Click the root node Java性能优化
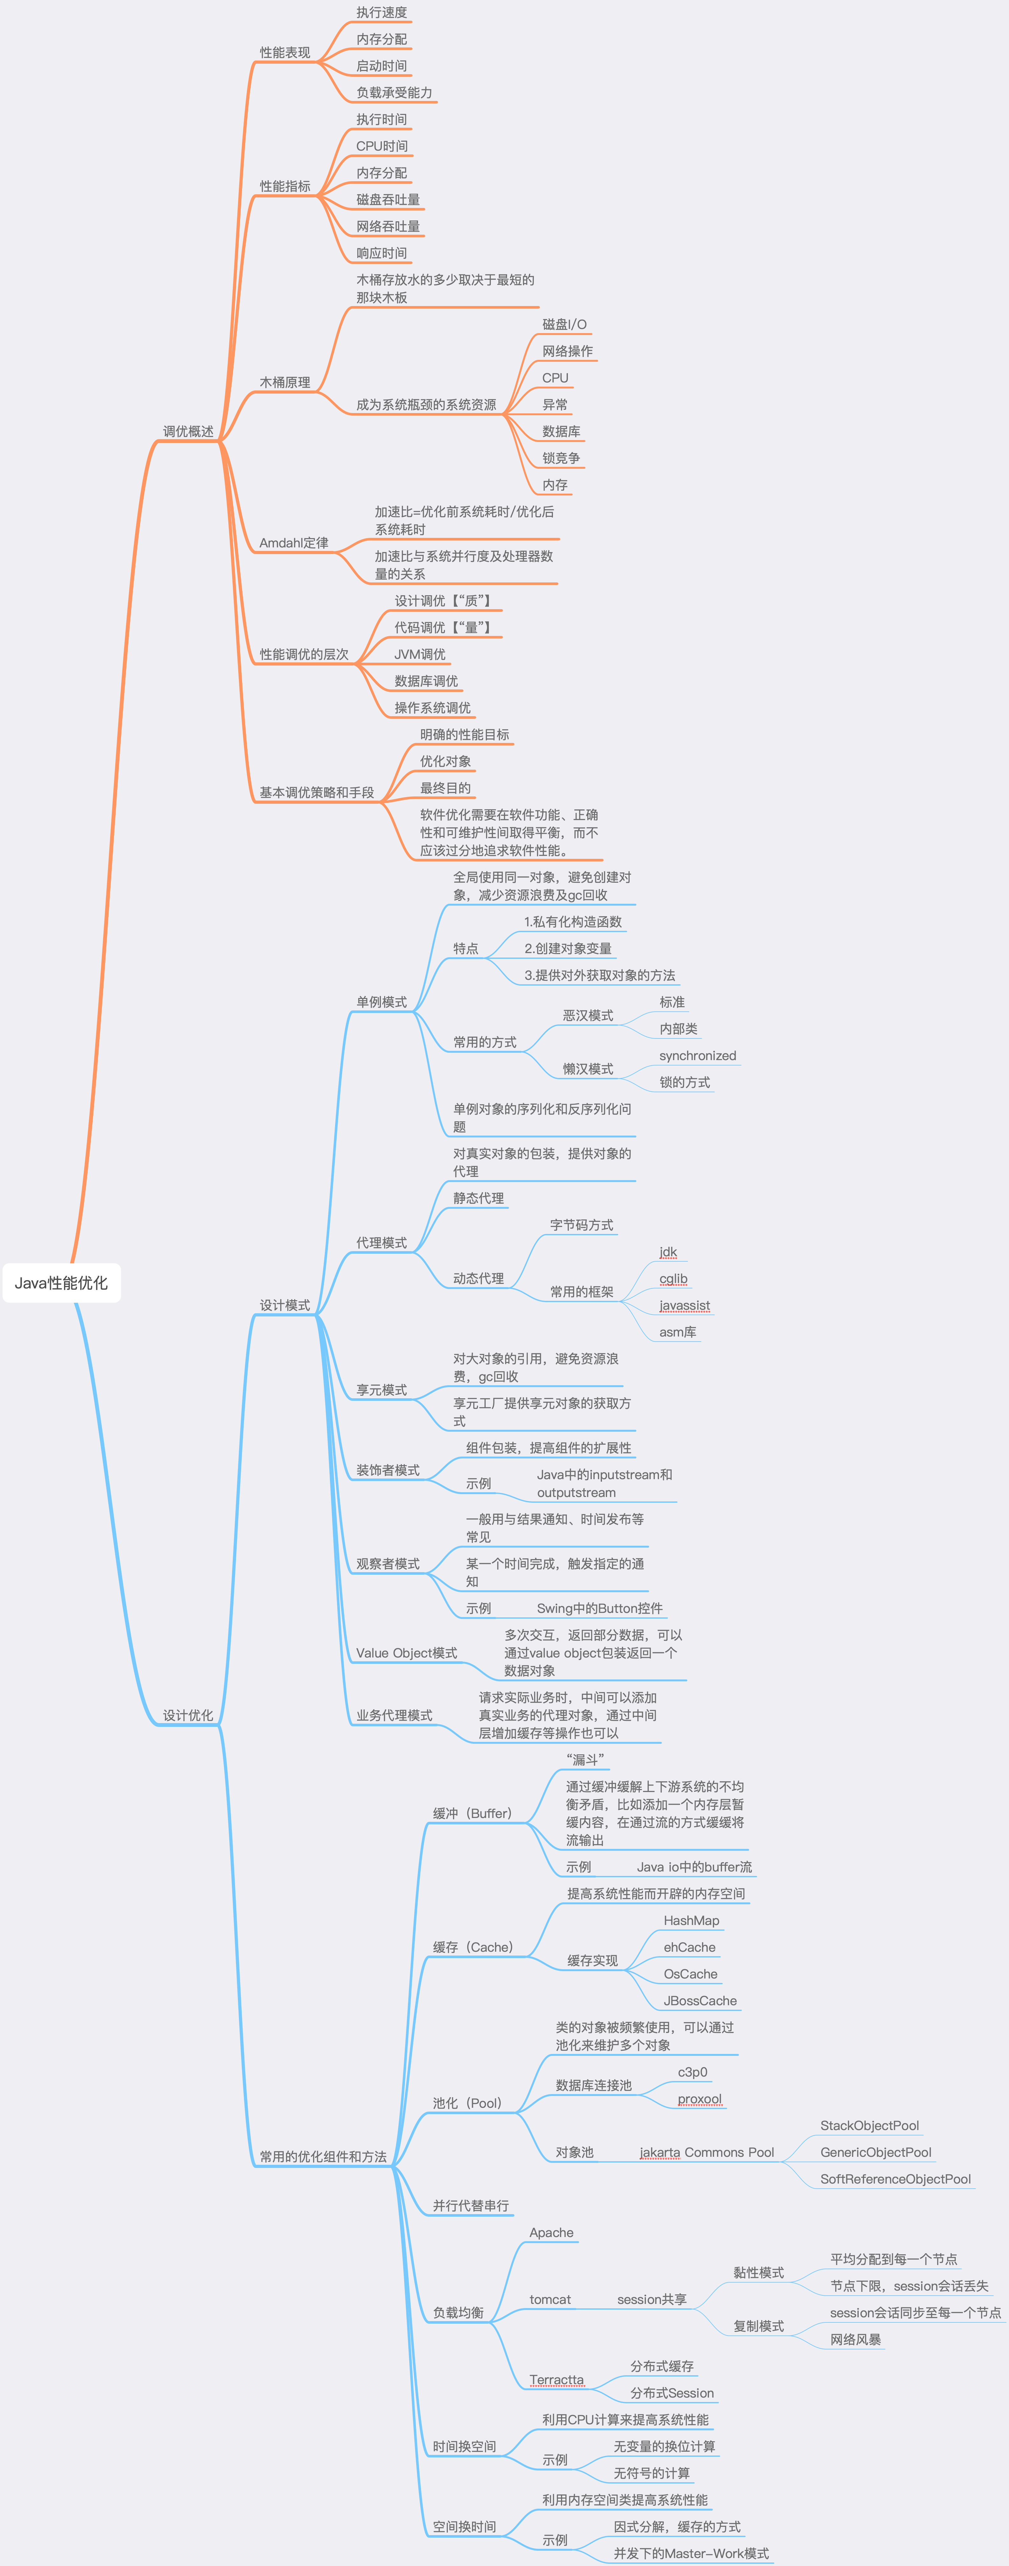tap(61, 1283)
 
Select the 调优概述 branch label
tap(188, 431)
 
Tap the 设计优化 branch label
tap(188, 1715)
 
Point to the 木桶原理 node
tap(285, 382)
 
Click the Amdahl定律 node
tap(294, 543)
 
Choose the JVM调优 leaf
tap(419, 654)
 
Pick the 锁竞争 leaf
tap(561, 458)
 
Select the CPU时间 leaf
tap(382, 146)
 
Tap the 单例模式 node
tap(382, 1002)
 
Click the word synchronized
tap(697, 1056)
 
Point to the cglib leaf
tap(673, 1279)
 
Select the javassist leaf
tap(684, 1306)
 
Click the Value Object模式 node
tap(406, 1654)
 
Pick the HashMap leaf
tap(691, 1921)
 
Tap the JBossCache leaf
tap(700, 2001)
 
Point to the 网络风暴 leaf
tap(855, 2340)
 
